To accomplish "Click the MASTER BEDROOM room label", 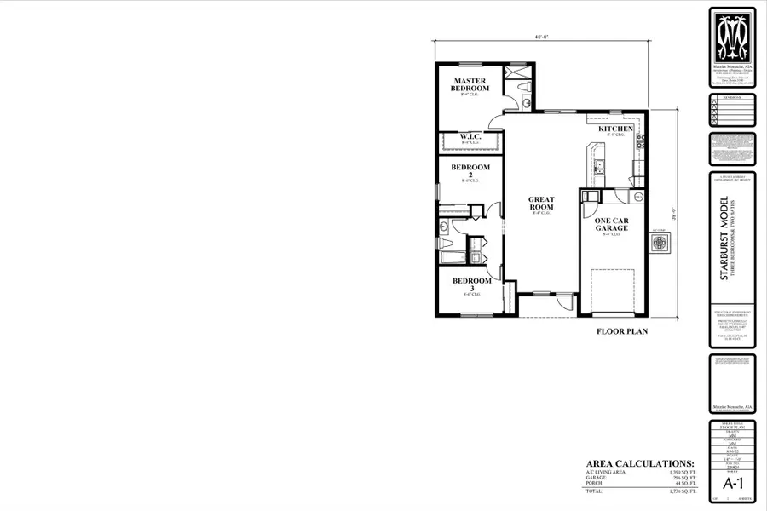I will (470, 84).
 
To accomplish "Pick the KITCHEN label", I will (615, 129).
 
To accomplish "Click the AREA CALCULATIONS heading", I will (637, 462).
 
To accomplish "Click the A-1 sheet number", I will (732, 483).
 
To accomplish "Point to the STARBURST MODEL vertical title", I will (724, 238).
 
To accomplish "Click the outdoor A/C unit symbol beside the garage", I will (660, 243).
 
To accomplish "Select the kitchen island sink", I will (599, 165).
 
